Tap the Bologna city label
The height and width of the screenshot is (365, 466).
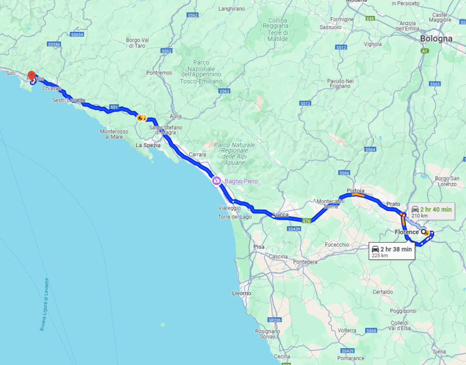pyautogui.click(x=436, y=39)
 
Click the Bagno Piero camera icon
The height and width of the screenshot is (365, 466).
pyautogui.click(x=217, y=181)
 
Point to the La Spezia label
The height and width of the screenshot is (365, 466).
pyautogui.click(x=148, y=145)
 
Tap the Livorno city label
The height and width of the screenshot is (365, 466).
pyautogui.click(x=241, y=293)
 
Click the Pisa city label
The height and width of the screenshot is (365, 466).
pyautogui.click(x=258, y=247)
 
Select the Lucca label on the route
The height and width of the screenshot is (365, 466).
pyautogui.click(x=280, y=215)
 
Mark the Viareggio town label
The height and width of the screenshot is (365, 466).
pyautogui.click(x=229, y=208)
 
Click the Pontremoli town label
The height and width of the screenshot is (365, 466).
pyautogui.click(x=159, y=73)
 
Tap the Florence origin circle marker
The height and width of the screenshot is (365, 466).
pyautogui.click(x=424, y=232)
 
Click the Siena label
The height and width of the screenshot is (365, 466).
pyautogui.click(x=439, y=351)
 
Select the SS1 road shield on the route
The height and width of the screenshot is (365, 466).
pyautogui.click(x=114, y=107)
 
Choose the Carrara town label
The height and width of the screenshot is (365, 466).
pyautogui.click(x=197, y=155)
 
